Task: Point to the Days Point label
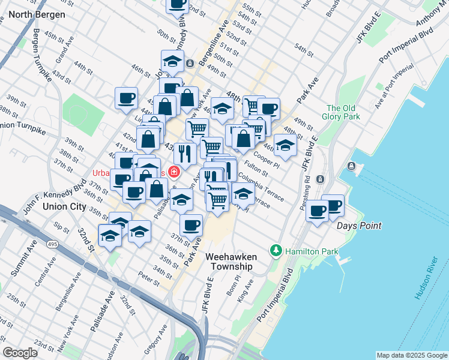point(359,226)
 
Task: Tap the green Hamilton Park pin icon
point(276,250)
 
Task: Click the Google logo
point(19,353)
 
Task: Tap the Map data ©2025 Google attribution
point(411,355)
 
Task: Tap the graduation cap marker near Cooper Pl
point(285,145)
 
